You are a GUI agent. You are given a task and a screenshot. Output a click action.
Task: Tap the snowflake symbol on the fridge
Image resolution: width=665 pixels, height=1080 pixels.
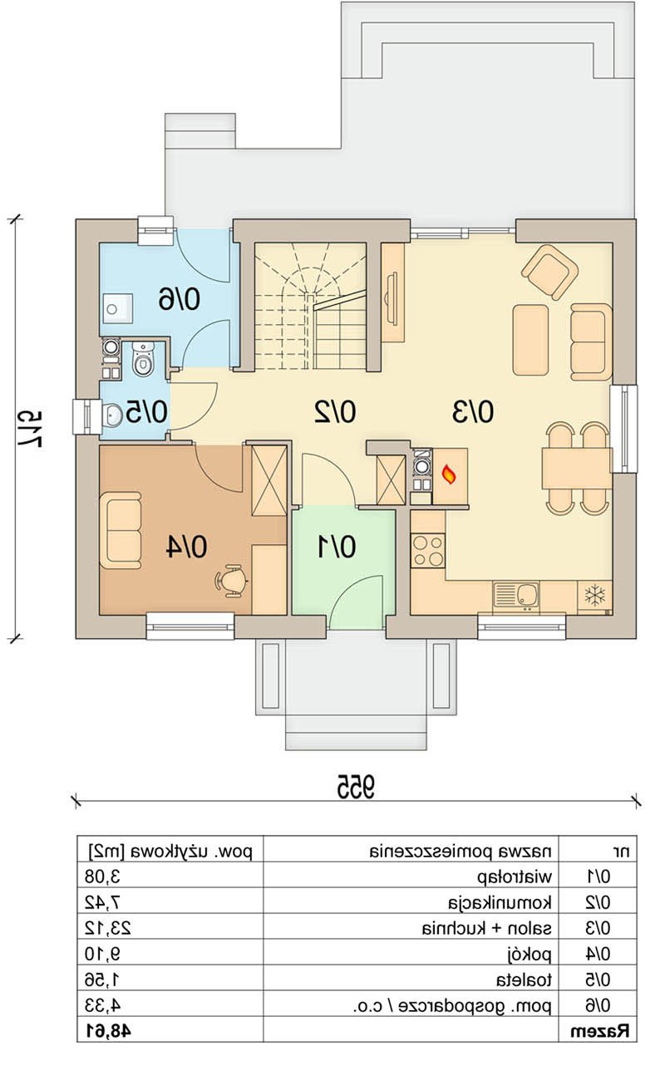pyautogui.click(x=594, y=596)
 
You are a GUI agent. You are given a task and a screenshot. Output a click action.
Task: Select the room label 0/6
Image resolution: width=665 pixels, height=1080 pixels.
pyautogui.click(x=179, y=299)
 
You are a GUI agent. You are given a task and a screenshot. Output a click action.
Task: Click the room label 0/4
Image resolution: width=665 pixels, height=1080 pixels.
pyautogui.click(x=187, y=547)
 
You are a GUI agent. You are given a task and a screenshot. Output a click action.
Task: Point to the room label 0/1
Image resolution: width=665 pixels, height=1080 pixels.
pyautogui.click(x=337, y=547)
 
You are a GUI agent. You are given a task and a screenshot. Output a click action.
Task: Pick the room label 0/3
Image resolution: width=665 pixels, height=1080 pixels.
pyautogui.click(x=472, y=412)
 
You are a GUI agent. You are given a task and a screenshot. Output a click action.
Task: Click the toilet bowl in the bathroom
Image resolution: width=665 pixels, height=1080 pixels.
pyautogui.click(x=142, y=359)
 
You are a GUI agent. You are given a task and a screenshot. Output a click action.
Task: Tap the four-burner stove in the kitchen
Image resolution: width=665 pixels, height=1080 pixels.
pyautogui.click(x=427, y=551)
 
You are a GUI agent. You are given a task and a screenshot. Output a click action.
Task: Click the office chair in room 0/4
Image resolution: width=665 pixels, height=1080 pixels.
pyautogui.click(x=232, y=581)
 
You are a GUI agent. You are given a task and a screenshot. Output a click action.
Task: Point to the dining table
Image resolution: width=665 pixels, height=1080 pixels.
pyautogui.click(x=577, y=469)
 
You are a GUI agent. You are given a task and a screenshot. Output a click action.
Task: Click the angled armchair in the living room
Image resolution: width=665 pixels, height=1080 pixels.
pyautogui.click(x=550, y=272)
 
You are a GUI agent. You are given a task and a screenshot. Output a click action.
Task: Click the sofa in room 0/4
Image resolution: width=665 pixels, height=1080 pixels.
pyautogui.click(x=121, y=530)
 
